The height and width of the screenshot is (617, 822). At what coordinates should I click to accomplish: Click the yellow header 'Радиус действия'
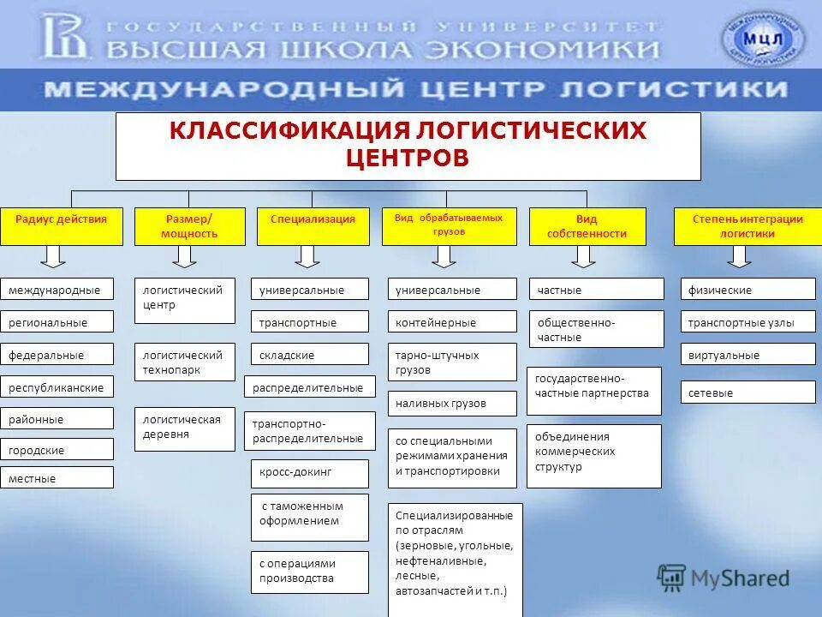[62, 226]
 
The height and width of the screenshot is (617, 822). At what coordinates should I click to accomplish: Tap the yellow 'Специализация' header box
[313, 226]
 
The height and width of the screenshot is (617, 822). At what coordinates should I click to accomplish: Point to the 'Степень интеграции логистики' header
[748, 226]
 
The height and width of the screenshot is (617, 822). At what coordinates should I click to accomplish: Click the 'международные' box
[57, 290]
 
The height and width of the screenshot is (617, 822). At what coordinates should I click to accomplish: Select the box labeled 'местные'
[57, 478]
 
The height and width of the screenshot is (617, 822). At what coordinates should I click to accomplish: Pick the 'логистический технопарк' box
[184, 362]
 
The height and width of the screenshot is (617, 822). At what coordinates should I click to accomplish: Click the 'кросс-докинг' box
[309, 472]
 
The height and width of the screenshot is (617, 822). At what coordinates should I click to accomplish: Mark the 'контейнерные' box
[452, 322]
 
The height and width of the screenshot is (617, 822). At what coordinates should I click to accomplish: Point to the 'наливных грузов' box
[452, 403]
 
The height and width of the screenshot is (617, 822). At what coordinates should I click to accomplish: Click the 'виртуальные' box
[748, 355]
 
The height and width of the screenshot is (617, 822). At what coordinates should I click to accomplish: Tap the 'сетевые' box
[748, 392]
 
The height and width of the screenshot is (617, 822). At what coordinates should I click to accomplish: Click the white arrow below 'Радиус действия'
[52, 255]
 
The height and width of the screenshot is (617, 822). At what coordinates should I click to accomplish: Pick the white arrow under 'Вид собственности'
[584, 255]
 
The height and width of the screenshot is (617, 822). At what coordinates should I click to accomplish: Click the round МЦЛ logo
[763, 37]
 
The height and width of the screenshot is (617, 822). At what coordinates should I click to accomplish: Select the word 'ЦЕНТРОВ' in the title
[408, 159]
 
